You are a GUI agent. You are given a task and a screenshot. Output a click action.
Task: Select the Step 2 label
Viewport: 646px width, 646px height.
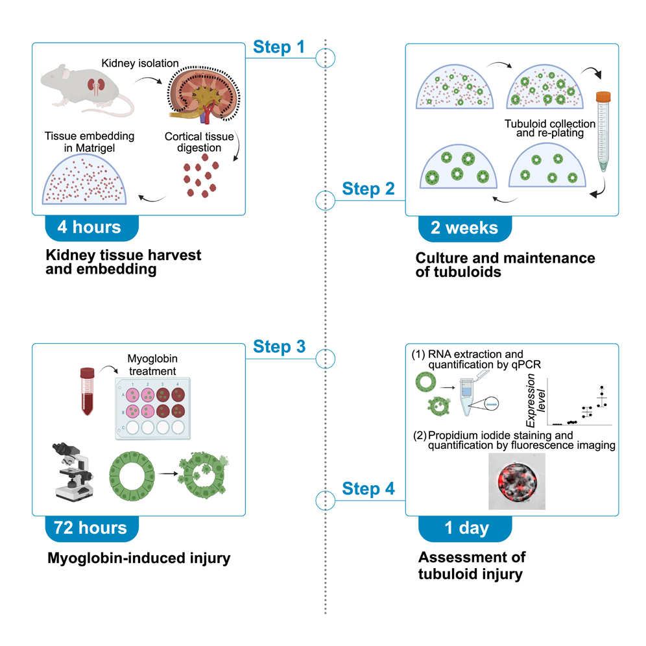click(368, 189)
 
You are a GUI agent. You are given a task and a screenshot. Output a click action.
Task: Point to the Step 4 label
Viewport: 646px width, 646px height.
click(368, 488)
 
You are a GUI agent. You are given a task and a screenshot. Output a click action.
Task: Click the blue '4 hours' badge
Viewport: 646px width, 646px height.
click(90, 228)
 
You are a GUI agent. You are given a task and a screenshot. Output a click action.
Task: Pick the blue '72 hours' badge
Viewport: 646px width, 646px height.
click(91, 528)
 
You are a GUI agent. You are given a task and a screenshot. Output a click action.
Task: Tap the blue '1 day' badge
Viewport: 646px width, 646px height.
click(466, 528)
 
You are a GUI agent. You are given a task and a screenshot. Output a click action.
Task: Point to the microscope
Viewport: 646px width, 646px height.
click(70, 471)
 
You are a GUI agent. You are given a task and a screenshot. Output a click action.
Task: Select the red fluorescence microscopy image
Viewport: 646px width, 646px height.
click(515, 481)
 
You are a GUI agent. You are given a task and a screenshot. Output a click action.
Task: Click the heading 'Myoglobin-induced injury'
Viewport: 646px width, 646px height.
click(139, 558)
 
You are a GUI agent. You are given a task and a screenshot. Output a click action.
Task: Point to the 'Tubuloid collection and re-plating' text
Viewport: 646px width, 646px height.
click(549, 128)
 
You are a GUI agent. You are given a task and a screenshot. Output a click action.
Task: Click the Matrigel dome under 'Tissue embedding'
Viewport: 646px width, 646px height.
click(89, 178)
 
